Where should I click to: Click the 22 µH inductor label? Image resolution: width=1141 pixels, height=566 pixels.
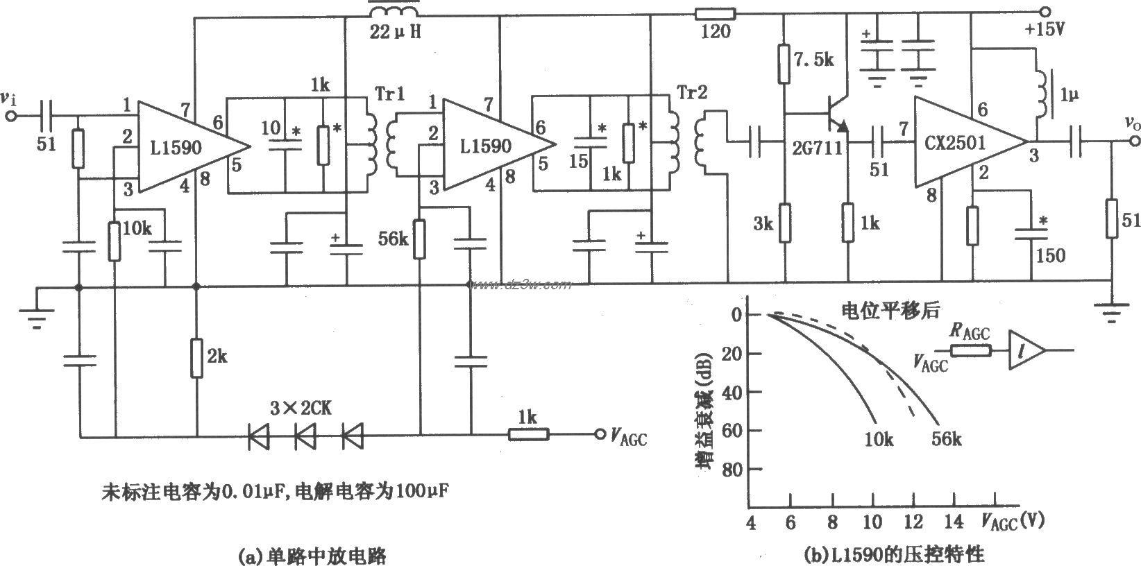point(394,31)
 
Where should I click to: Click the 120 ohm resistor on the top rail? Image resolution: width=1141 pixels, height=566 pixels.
point(714,12)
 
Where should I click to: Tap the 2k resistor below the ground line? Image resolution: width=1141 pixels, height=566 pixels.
point(197,358)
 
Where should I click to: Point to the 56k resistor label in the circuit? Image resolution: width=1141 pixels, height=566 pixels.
point(394,239)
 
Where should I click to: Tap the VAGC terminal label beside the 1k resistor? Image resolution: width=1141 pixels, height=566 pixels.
point(628,437)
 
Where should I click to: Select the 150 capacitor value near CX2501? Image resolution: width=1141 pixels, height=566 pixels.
point(1051,255)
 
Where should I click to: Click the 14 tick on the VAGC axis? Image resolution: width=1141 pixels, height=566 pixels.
point(956,521)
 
